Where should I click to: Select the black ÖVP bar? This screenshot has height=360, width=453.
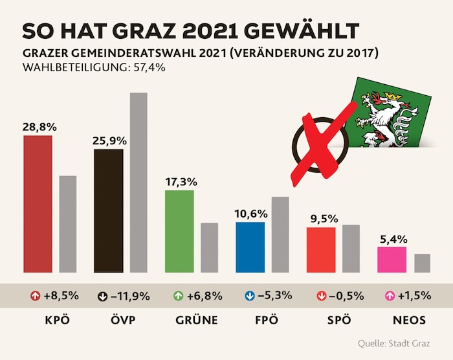[x=108, y=210]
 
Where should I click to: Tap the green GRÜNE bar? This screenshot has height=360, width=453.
[x=179, y=231]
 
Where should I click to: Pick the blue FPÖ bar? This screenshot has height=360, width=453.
[x=250, y=247]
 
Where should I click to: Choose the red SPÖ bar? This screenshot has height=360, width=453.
[x=321, y=249]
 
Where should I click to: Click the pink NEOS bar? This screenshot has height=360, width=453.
[x=392, y=259]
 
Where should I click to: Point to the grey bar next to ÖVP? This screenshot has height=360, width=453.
[x=138, y=182]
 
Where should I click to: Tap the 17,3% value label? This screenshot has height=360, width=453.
[x=179, y=182]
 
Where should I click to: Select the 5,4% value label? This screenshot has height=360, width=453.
[x=391, y=239]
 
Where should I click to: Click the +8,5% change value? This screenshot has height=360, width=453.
[x=61, y=296]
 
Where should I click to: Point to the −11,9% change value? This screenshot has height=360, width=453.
[x=132, y=296]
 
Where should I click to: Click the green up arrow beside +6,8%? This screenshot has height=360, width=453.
[x=175, y=296]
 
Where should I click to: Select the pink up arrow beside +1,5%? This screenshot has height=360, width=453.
[x=390, y=296]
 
